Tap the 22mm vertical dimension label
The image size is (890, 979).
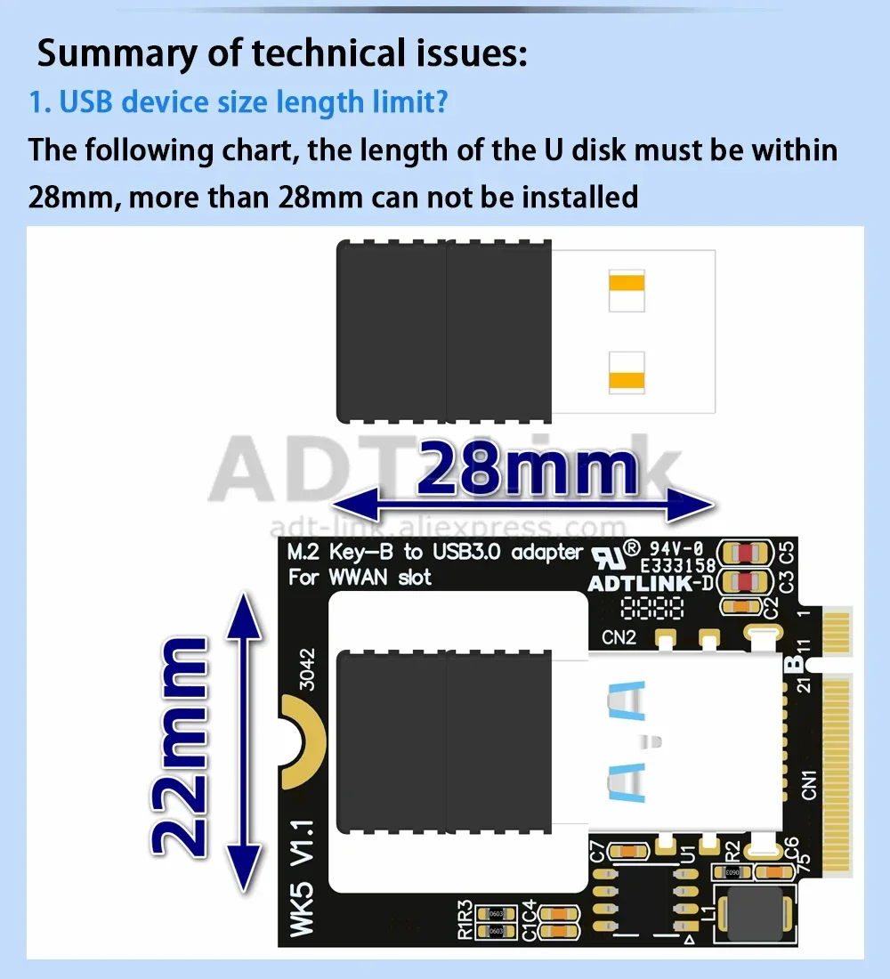(x=181, y=748)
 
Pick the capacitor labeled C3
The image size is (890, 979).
(x=745, y=583)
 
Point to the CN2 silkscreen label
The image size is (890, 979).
(x=619, y=637)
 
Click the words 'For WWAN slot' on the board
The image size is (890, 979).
(x=360, y=578)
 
